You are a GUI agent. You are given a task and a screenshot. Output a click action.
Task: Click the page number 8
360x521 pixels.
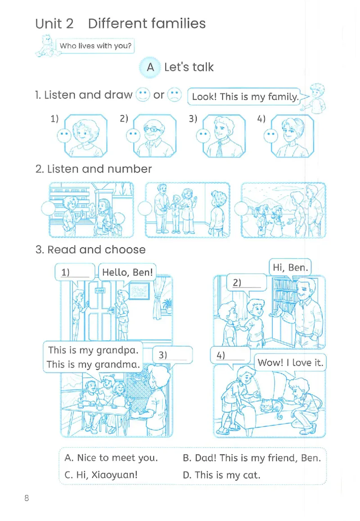tap(27, 498)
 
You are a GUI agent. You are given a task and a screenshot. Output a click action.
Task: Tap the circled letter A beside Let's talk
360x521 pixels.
tap(150, 67)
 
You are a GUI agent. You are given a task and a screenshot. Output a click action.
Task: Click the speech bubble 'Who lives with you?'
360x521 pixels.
tap(95, 46)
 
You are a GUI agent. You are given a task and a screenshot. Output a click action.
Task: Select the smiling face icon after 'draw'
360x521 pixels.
tap(143, 94)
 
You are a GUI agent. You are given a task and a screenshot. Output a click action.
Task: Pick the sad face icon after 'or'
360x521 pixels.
tap(175, 94)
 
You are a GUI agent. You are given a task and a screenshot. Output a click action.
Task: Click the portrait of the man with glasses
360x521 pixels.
tap(154, 135)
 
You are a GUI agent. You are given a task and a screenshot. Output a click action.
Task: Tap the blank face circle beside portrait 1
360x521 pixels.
tap(64, 135)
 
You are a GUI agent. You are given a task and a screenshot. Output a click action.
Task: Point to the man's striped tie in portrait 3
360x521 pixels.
tap(220, 148)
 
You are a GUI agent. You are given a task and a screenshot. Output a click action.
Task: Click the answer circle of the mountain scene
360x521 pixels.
tap(241, 209)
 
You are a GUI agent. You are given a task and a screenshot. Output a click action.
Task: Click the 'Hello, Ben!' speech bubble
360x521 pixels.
tap(127, 272)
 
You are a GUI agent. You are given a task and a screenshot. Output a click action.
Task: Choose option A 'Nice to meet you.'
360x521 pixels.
tap(111, 458)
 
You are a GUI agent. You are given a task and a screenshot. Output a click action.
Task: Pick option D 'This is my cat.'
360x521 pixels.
tap(221, 475)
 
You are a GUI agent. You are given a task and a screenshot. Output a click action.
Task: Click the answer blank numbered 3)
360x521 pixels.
tap(172, 355)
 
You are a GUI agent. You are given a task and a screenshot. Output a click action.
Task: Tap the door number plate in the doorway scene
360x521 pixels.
tap(100, 290)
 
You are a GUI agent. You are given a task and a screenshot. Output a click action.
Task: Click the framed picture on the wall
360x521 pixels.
tap(139, 291)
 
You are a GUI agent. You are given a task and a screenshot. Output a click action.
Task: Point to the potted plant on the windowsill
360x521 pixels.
tap(167, 305)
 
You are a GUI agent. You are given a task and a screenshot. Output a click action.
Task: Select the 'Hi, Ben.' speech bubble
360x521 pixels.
tap(290, 268)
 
